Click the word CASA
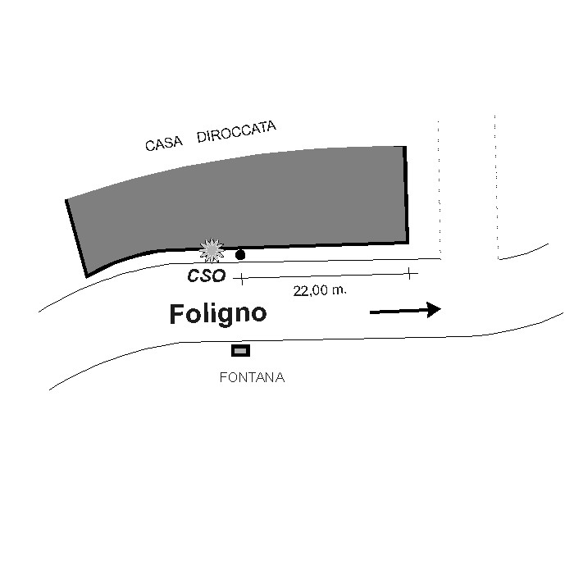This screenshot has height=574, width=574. click(x=164, y=143)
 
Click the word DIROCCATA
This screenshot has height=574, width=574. click(x=236, y=131)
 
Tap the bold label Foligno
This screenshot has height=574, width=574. click(x=218, y=314)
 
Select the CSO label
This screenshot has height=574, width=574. click(x=207, y=276)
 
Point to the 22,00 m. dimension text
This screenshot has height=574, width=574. click(x=320, y=290)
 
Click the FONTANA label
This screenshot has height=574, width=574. click(x=252, y=377)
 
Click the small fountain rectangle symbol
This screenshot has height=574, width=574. click(x=240, y=351)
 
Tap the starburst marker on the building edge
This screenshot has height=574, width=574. click(x=212, y=250)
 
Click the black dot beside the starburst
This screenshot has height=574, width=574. click(x=240, y=255)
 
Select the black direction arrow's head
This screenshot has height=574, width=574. click(x=434, y=310)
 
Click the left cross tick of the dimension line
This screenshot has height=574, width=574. click(x=241, y=279)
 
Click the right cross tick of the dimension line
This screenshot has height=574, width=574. click(x=410, y=273)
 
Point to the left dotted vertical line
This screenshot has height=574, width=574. click(x=439, y=187)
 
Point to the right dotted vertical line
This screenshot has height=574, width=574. click(x=496, y=187)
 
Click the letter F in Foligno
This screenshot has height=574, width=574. click(x=176, y=314)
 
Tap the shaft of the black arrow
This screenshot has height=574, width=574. click(x=399, y=312)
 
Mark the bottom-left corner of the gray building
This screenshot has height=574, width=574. click(x=87, y=277)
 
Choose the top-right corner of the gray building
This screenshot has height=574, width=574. click(x=406, y=147)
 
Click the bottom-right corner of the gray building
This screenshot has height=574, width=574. click(x=408, y=243)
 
